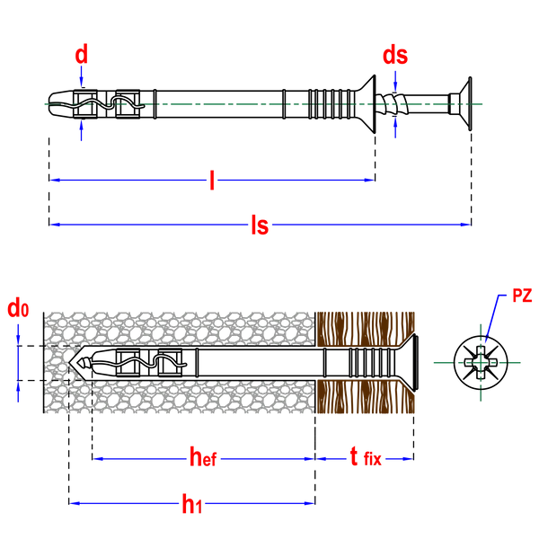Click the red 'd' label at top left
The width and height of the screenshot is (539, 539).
click(x=81, y=53)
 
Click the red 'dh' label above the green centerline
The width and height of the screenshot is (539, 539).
click(x=394, y=56)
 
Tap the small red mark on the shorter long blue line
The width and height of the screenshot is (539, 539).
click(x=211, y=180)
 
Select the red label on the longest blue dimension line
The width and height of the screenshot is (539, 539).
click(x=260, y=225)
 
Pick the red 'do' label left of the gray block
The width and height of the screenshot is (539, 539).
click(x=18, y=310)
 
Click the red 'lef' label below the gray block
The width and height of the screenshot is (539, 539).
click(x=203, y=458)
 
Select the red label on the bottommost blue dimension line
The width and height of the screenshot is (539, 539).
click(x=190, y=504)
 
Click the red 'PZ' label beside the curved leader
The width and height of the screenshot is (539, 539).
click(x=521, y=295)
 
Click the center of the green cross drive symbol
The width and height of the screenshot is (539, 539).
click(x=479, y=363)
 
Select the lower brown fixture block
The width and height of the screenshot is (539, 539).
click(x=364, y=397)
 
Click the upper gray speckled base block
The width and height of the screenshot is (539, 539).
click(x=180, y=327)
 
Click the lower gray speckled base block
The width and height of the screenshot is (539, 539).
click(x=180, y=397)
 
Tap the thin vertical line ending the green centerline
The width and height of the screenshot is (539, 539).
click(x=470, y=103)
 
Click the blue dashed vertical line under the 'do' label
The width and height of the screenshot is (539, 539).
click(x=18, y=364)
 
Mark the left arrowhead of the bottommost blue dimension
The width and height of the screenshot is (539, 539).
click(x=75, y=504)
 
